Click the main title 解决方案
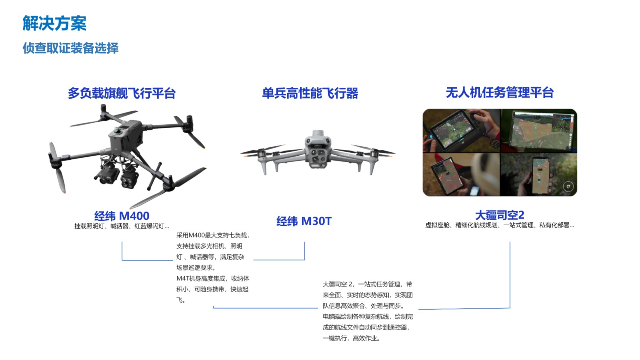54,23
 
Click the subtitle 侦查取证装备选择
70,48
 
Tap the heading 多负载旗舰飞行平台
122,93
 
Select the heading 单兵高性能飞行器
310,93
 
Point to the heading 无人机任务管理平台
500,92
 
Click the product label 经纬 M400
122,216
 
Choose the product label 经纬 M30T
304,221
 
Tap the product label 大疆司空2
500,215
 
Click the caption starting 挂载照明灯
122,226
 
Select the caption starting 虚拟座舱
500,225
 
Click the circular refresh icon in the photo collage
568,186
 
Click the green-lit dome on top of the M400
118,131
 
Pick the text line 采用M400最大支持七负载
213,235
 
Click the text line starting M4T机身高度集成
212,278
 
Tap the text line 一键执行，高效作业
352,338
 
